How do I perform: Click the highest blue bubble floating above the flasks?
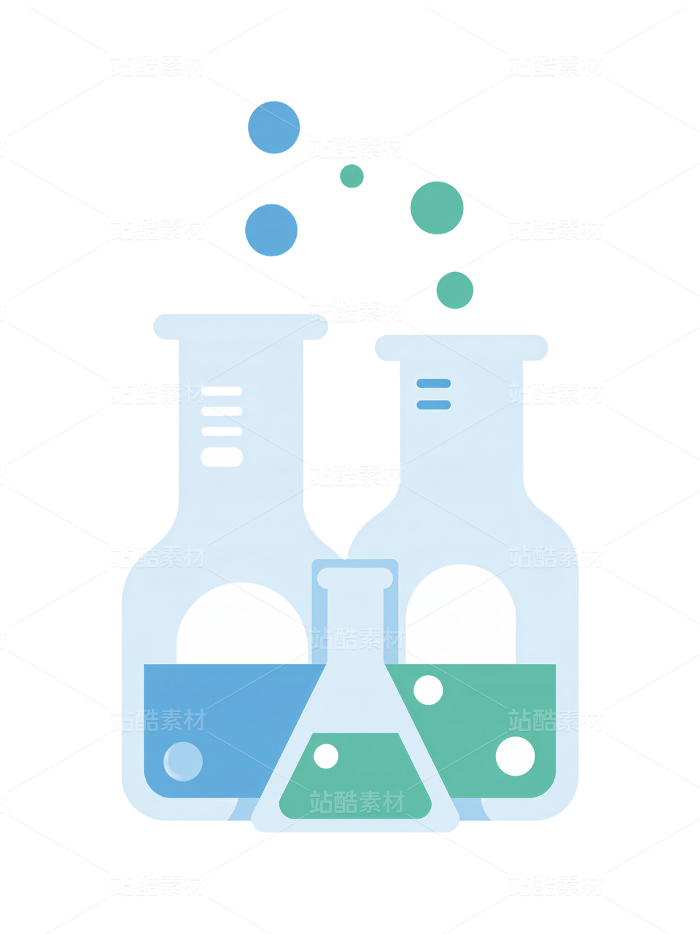(273, 128)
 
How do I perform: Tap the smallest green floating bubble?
(351, 176)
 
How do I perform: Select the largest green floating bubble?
(437, 208)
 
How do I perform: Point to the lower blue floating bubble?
(271, 230)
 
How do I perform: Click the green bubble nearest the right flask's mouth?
(455, 290)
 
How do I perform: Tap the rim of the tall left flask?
(241, 326)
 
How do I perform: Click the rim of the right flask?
(461, 347)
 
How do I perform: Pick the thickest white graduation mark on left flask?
(222, 458)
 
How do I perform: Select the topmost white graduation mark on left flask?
(222, 392)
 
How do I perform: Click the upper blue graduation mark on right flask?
(433, 384)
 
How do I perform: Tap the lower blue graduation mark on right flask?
(433, 404)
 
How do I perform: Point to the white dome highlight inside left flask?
(242, 624)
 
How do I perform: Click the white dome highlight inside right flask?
(461, 613)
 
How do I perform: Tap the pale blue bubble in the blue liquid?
(183, 762)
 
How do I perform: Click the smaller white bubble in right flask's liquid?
(428, 690)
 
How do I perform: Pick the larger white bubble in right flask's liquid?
(515, 756)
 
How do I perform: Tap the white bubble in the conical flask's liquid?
(326, 756)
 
